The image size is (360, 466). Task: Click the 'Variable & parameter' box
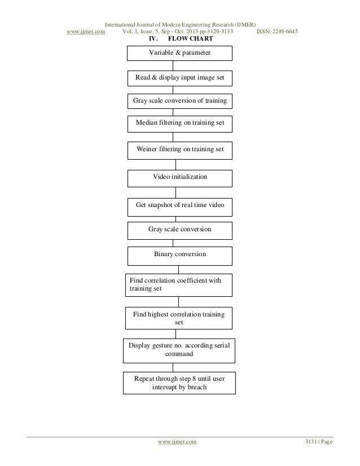[179, 53]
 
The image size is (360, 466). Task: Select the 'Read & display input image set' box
[179, 78]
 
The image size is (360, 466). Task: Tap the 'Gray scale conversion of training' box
[179, 101]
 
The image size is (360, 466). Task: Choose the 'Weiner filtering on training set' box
[179, 150]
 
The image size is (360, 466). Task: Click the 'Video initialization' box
[179, 178]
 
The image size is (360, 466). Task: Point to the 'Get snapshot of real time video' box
[179, 206]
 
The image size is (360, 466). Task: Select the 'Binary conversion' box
[179, 255]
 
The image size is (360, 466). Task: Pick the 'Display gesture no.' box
[179, 350]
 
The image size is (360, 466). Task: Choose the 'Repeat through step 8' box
[179, 383]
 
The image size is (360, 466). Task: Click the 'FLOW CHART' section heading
[190, 39]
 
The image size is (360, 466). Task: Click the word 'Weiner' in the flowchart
[148, 150]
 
